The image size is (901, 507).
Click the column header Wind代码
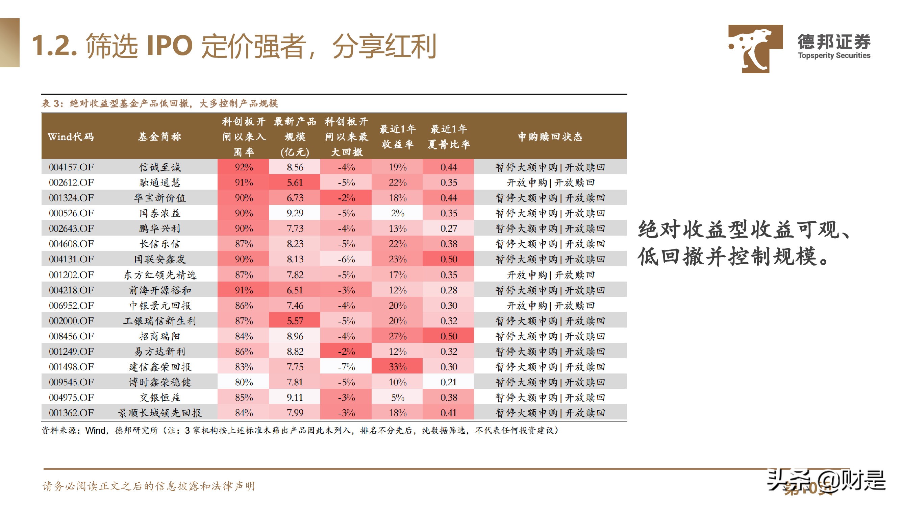click(71, 137)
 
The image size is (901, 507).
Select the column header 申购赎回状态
click(550, 137)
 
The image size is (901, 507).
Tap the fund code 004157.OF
click(71, 167)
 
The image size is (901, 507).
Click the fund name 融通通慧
click(159, 183)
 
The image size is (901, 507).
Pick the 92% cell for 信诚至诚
click(244, 167)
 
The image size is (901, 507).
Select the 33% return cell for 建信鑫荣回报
click(397, 367)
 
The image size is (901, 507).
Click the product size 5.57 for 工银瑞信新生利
click(295, 321)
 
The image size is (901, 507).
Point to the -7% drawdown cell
click(346, 367)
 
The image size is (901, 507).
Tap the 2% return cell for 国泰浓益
click(397, 213)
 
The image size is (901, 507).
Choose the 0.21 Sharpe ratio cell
click(448, 382)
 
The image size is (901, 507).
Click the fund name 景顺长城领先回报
click(159, 413)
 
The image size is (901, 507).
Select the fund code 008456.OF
click(71, 336)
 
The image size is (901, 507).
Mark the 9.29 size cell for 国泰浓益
click(295, 213)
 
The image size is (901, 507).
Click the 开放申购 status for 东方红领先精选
click(526, 275)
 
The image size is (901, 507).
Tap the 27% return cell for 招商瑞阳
click(397, 336)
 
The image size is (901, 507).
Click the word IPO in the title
click(170, 46)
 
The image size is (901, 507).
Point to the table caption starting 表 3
click(159, 103)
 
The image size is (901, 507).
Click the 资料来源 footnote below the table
click(299, 430)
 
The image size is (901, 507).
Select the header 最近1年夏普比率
click(448, 137)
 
